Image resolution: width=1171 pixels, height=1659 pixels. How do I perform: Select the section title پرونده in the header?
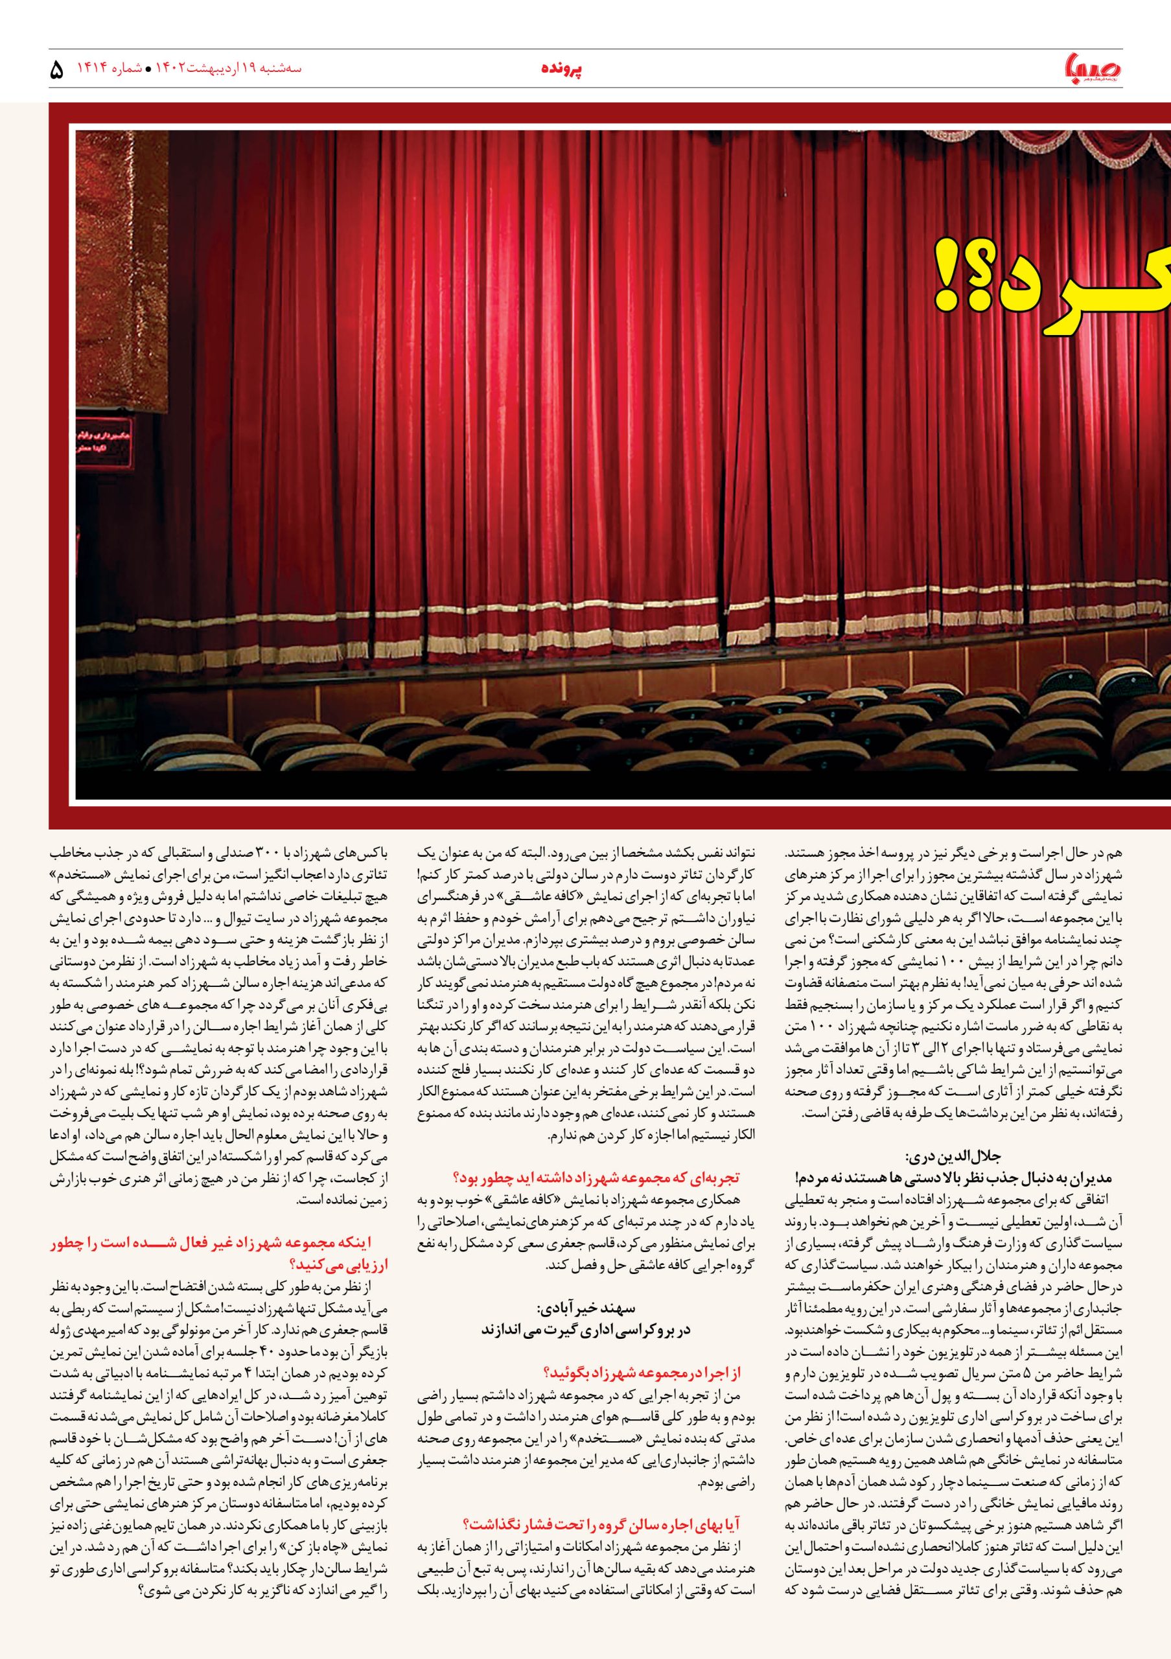[x=561, y=69]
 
